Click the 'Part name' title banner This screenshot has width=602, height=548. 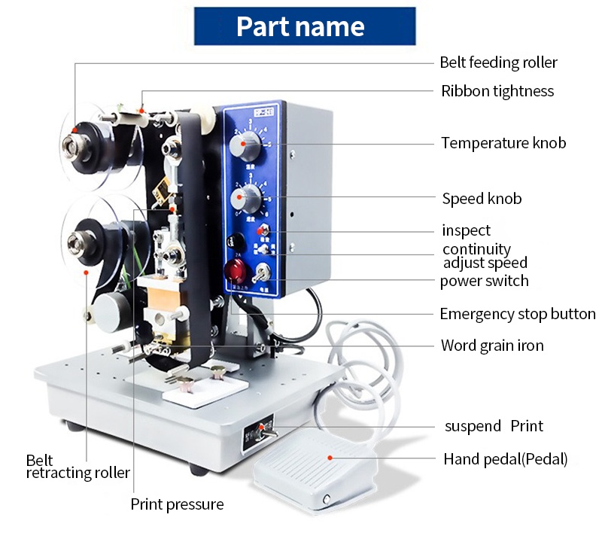(x=300, y=26)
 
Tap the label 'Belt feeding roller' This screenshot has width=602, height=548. (x=498, y=62)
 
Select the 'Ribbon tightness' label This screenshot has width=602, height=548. (x=497, y=91)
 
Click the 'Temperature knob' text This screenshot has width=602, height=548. (x=503, y=142)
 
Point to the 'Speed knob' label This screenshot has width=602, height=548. (x=482, y=199)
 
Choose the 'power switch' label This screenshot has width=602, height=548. (x=484, y=281)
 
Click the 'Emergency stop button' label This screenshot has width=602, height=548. (x=518, y=314)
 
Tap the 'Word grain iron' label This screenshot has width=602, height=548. (x=492, y=346)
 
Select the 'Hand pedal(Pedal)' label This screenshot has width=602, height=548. (x=505, y=458)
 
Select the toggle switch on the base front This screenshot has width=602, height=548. (x=264, y=430)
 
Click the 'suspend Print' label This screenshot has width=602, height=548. (x=493, y=426)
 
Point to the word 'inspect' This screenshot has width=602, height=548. (x=466, y=230)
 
